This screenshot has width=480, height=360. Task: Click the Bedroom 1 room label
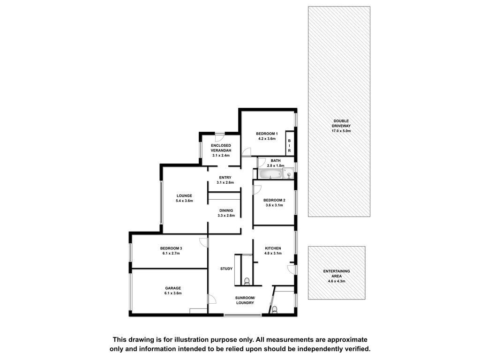(x=267, y=134)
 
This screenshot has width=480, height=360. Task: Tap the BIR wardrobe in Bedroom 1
(x=289, y=143)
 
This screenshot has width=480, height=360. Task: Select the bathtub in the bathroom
(x=270, y=174)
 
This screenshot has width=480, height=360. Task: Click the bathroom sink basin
(x=289, y=175)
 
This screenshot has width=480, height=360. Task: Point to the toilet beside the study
(x=247, y=281)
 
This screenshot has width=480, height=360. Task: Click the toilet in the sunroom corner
(x=274, y=310)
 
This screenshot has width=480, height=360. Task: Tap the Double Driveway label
(x=341, y=123)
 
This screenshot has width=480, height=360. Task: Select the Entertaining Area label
(x=337, y=274)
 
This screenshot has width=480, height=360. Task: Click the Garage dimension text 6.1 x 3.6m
(x=173, y=293)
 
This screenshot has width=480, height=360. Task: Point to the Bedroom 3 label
(x=171, y=248)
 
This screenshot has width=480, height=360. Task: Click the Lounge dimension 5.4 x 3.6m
(x=184, y=201)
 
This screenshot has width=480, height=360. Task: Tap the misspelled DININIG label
(x=226, y=210)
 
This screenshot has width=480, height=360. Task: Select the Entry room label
(x=225, y=178)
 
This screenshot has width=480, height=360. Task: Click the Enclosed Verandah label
(x=221, y=148)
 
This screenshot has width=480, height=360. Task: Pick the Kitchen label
(x=273, y=248)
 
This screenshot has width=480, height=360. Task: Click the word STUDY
(x=226, y=269)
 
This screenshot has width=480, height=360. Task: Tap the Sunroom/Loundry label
(x=245, y=300)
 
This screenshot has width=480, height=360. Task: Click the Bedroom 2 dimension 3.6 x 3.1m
(x=274, y=205)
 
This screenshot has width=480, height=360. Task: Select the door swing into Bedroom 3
(x=203, y=242)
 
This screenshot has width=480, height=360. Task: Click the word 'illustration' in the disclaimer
(x=191, y=339)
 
